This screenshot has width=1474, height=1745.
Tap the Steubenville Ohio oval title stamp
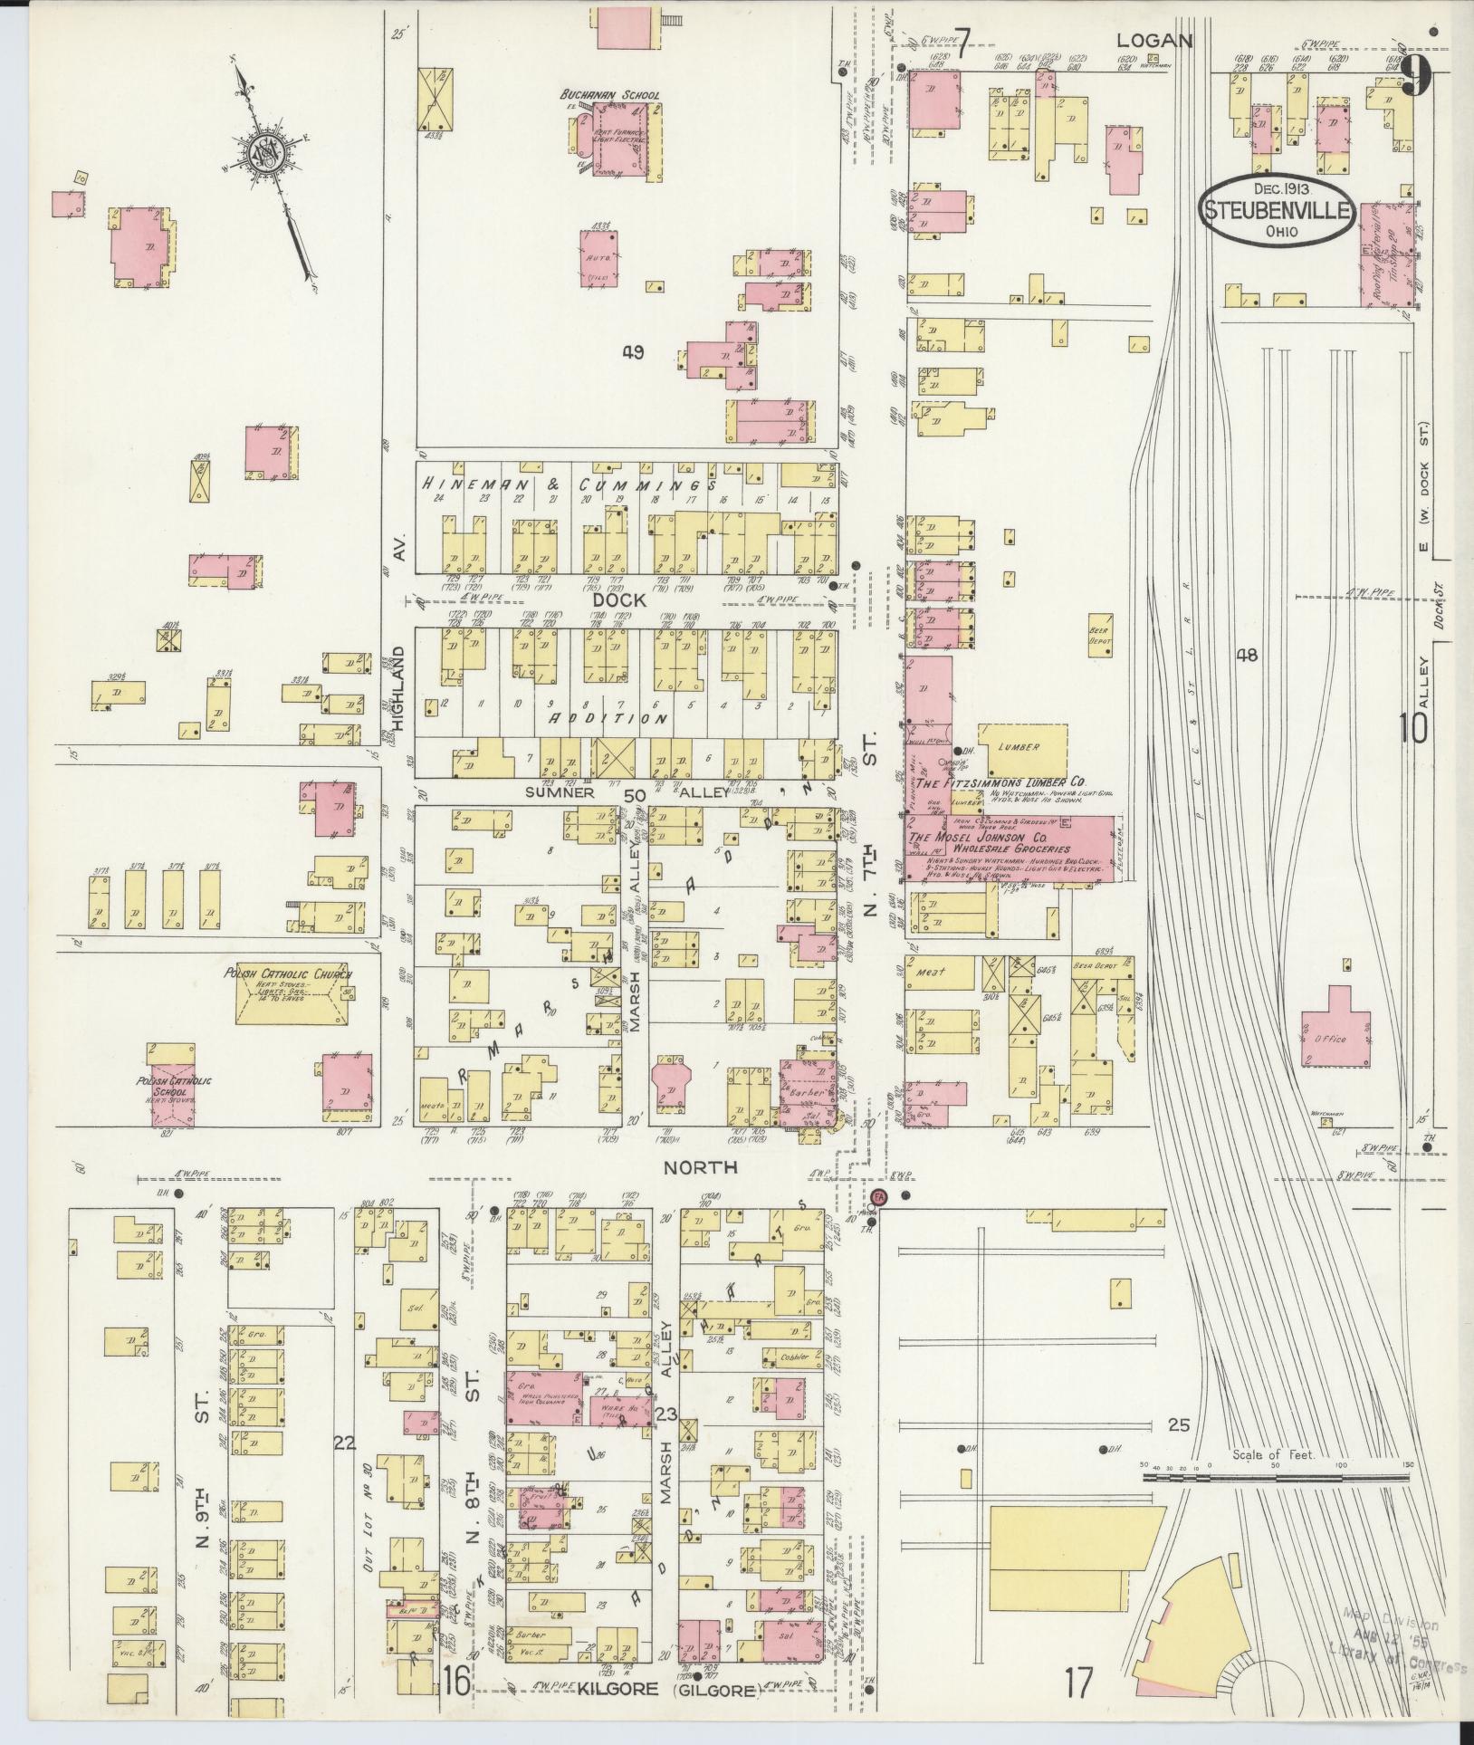1278,211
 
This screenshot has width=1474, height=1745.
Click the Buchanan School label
609,94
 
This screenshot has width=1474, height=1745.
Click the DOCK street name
621,599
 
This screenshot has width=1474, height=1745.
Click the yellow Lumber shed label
1018,747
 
